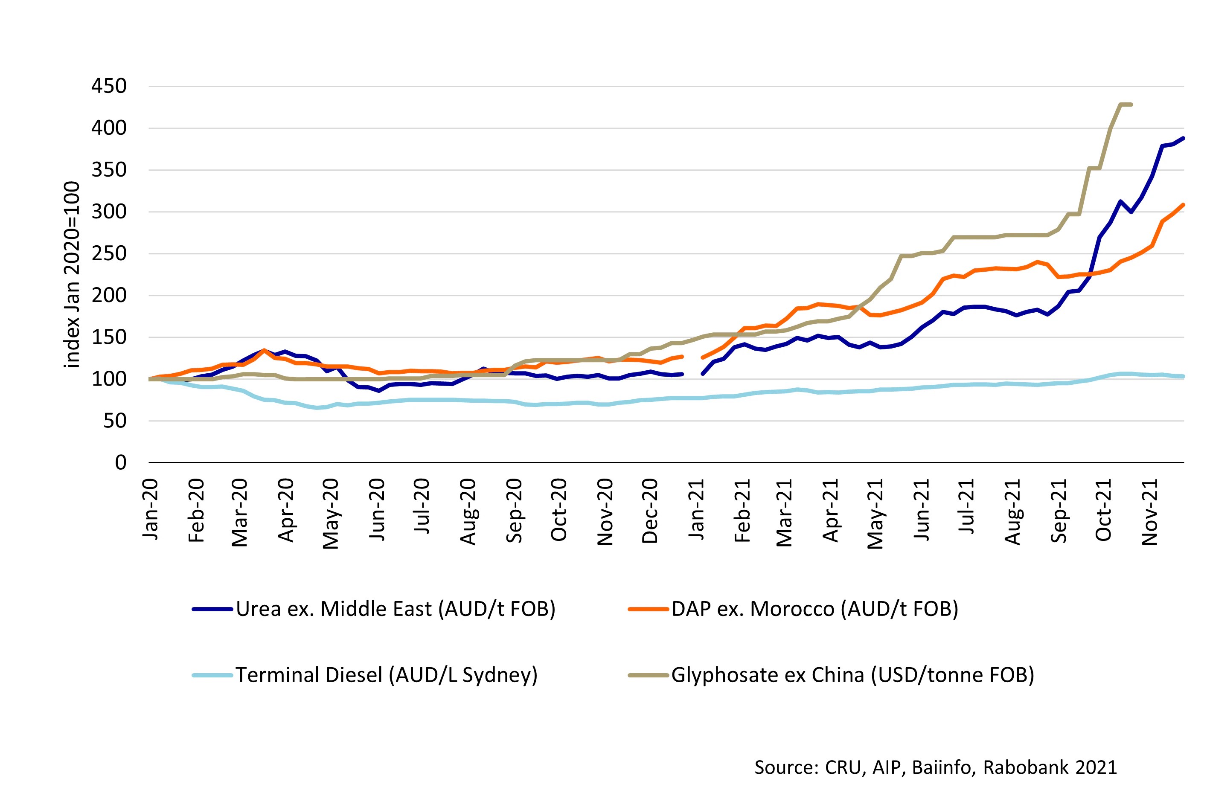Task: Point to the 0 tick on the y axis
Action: pyautogui.click(x=120, y=463)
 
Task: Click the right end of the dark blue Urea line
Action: pyautogui.click(x=1183, y=138)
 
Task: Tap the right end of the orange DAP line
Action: pyautogui.click(x=1183, y=205)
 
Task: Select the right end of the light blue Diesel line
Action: pyautogui.click(x=1183, y=377)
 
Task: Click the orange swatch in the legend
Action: pyautogui.click(x=648, y=609)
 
